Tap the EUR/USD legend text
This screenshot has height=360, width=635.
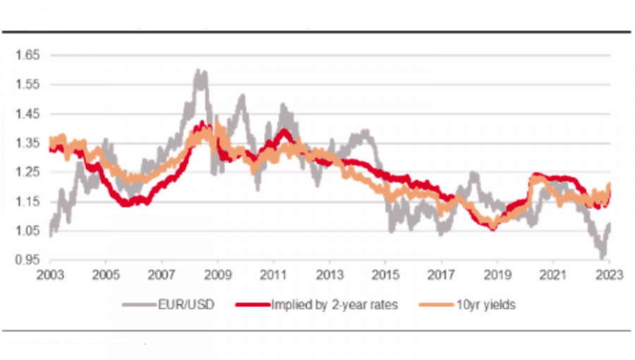click(188, 306)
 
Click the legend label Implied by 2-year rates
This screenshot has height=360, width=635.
click(334, 306)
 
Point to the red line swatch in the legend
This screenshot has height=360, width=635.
click(251, 306)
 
